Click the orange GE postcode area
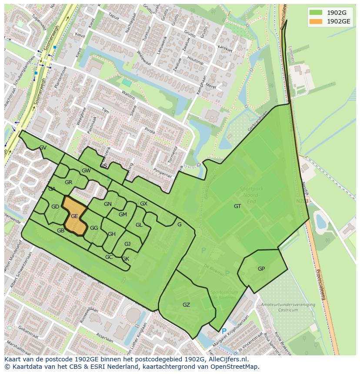74,216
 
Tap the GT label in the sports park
237,206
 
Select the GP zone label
261,269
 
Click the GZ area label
186,305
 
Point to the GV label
43,148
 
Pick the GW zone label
86,171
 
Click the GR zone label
68,182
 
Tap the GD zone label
55,207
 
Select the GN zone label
108,204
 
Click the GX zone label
143,204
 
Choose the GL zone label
139,225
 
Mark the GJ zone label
127,244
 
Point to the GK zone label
126,259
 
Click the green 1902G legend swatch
316,12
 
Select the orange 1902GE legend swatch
316,21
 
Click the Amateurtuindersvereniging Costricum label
288,308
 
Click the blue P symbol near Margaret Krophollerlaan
224,331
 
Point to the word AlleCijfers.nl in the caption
227,359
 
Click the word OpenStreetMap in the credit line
237,367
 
